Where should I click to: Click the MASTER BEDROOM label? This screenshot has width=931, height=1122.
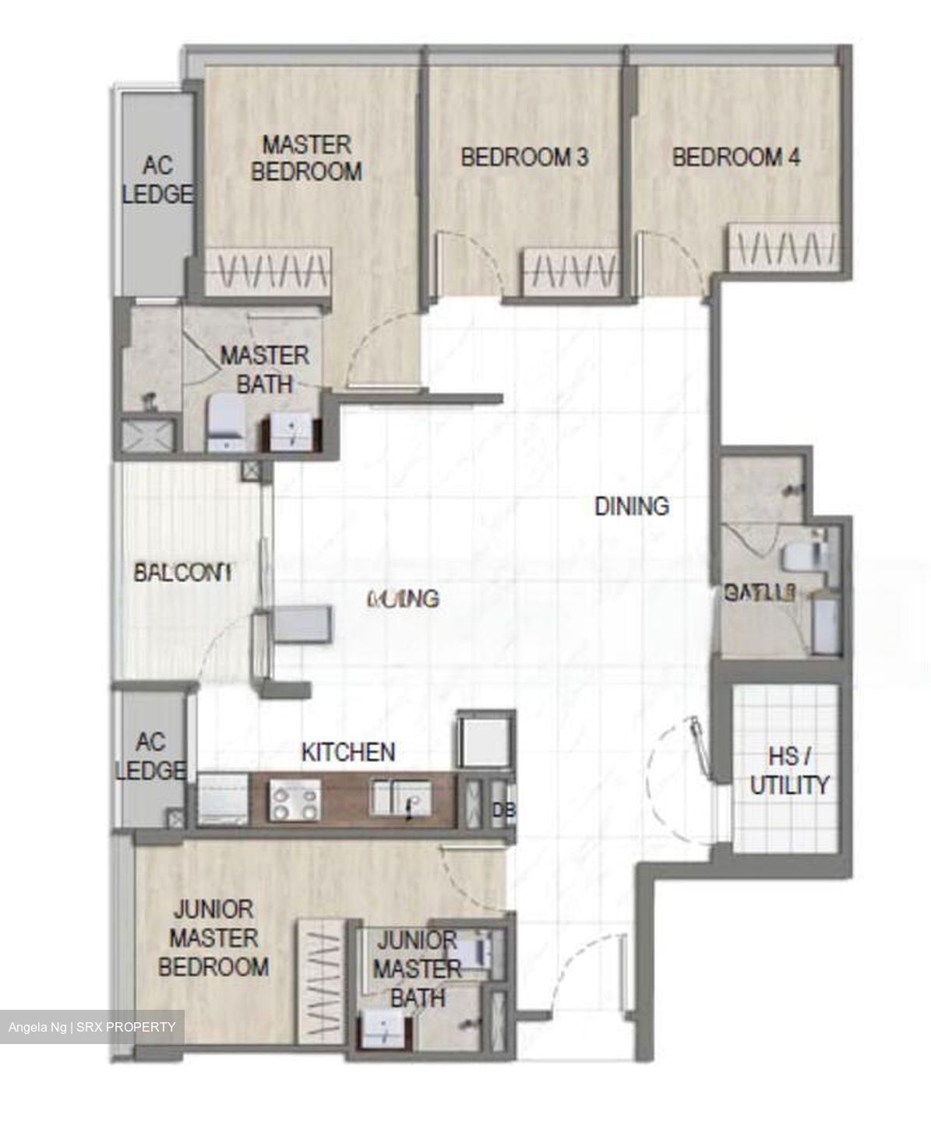pyautogui.click(x=306, y=158)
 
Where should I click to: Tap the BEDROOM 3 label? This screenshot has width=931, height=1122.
pyautogui.click(x=524, y=157)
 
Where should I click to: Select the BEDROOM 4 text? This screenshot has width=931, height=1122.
pyautogui.click(x=735, y=157)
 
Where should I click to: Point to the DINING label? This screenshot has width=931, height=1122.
pyautogui.click(x=631, y=506)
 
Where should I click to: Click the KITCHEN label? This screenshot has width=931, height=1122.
pyautogui.click(x=347, y=752)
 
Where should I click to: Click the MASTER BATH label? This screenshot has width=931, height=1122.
pyautogui.click(x=265, y=369)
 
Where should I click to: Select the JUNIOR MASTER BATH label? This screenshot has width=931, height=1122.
pyautogui.click(x=417, y=969)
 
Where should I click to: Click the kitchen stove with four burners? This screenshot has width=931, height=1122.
pyautogui.click(x=294, y=802)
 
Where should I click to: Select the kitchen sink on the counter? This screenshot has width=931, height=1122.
pyautogui.click(x=397, y=801)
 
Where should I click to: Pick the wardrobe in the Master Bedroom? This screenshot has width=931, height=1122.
pyautogui.click(x=269, y=272)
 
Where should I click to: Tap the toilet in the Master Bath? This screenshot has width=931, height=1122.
pyautogui.click(x=227, y=422)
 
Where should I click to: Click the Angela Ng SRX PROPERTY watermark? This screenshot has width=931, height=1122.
pyautogui.click(x=92, y=1027)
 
